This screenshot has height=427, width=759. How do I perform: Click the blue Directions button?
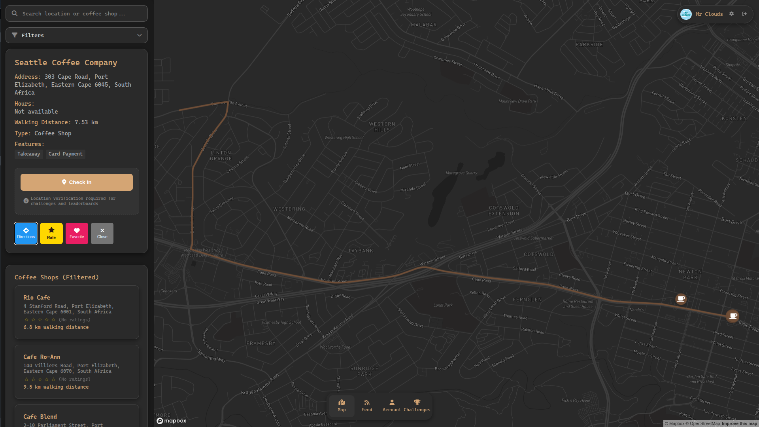point(26,233)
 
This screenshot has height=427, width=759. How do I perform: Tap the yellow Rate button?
point(51,233)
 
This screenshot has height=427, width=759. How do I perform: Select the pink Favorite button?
point(77,233)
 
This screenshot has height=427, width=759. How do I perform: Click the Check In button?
point(77,182)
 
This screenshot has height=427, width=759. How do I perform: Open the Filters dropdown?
point(77,35)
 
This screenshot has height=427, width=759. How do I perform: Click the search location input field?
point(77,13)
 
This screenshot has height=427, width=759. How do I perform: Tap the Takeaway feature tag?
point(28,154)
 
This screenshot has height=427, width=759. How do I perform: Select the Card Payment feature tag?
point(65,154)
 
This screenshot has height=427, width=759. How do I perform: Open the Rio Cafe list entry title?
point(37,298)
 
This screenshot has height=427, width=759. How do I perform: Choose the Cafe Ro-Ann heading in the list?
point(42,357)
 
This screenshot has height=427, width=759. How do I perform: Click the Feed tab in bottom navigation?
point(367,405)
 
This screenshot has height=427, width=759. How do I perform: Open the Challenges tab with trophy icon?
point(417,405)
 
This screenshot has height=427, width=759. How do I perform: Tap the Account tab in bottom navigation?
point(392,405)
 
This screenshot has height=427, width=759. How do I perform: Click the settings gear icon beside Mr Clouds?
point(731,14)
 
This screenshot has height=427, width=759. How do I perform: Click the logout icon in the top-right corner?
point(744,14)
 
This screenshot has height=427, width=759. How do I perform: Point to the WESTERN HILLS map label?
point(382,127)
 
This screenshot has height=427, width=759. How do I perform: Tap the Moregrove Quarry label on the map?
point(461,173)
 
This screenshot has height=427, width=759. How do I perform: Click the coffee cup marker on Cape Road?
point(733,316)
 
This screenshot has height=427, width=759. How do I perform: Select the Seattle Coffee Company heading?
point(66,63)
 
